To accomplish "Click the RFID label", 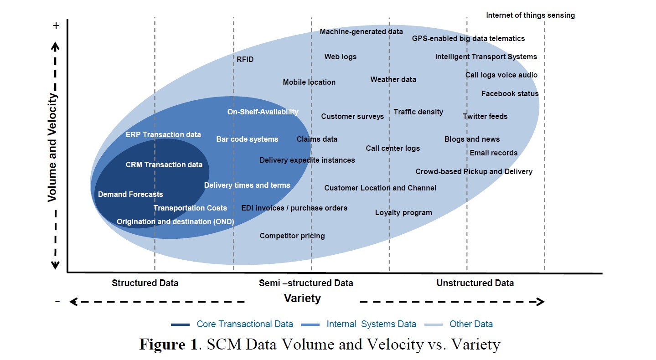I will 245,59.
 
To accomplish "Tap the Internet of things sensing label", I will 530,15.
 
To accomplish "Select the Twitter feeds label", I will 485,117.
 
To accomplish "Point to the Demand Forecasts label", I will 130,195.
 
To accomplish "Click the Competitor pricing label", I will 292,236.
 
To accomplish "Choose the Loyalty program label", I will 403,213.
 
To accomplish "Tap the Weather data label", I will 393,80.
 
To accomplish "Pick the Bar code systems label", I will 247,139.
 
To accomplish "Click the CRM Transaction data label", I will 164,165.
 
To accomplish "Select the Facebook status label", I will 510,94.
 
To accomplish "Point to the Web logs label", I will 341,57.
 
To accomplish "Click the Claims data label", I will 317,139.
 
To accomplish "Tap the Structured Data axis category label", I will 145,283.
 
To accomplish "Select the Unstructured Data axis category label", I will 475,283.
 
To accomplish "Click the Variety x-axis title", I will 302,299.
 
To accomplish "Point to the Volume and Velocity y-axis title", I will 53,148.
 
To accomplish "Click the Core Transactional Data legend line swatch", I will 180,324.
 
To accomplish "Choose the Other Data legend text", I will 471,324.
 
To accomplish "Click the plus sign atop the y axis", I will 56,26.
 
